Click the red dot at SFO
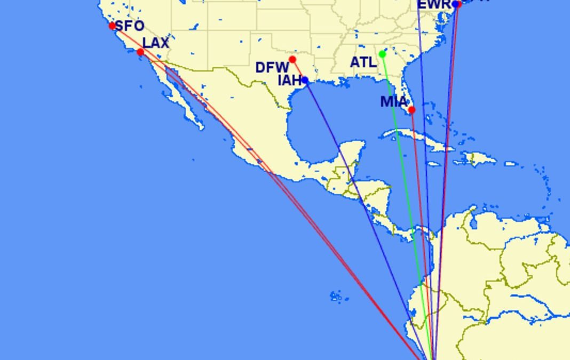coord(112,26)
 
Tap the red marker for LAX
coord(140,52)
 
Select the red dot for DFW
coord(292,59)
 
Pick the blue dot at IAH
coord(305,81)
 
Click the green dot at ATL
coord(382,54)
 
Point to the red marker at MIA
coord(411,110)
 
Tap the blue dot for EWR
coord(455,4)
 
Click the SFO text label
coord(130,26)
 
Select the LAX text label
coord(156,43)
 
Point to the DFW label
coord(272,68)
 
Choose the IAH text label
coord(289,81)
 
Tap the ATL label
coord(363,62)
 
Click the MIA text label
coord(393,101)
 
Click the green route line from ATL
coord(406,187)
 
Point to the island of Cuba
coord(422,140)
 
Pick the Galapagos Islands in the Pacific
coord(336,296)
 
